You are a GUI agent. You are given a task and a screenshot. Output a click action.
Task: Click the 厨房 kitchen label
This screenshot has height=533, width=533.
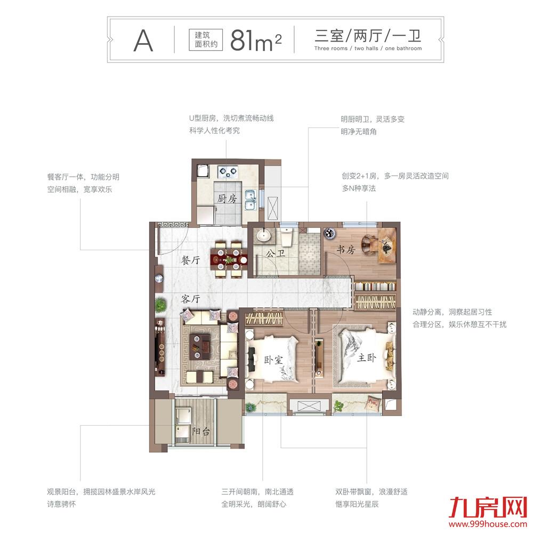coord(227,199)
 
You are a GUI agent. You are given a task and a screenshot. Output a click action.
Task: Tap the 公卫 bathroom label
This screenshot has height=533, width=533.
coord(275,253)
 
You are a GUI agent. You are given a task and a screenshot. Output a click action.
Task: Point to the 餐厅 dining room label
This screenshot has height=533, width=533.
coord(190,261)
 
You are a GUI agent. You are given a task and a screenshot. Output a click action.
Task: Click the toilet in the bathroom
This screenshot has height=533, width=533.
coord(287,235)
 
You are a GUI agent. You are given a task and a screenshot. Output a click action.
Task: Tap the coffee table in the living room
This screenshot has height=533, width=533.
coord(202,345)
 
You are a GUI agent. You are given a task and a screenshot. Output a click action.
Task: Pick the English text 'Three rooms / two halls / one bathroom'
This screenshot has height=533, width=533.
coord(368,49)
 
